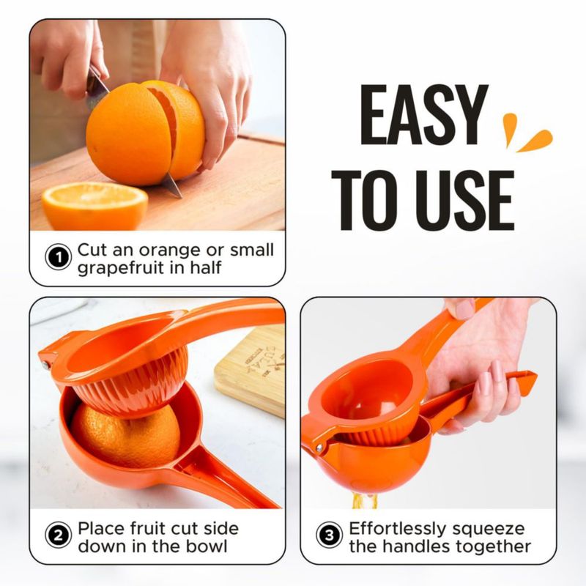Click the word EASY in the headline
coord(423,115)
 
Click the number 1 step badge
coord(59,257)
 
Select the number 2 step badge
coord(59,535)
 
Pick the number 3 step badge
coord(329,535)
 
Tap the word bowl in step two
coord(207,546)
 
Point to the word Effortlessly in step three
coord(397,529)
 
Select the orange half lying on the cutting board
coord(94,207)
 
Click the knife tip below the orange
coord(181,196)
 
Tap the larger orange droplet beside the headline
coord(535,141)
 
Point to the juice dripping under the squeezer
coord(364,501)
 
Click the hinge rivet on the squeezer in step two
coord(46,365)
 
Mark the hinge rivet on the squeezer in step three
coord(319,447)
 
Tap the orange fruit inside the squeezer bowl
coord(125,435)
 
